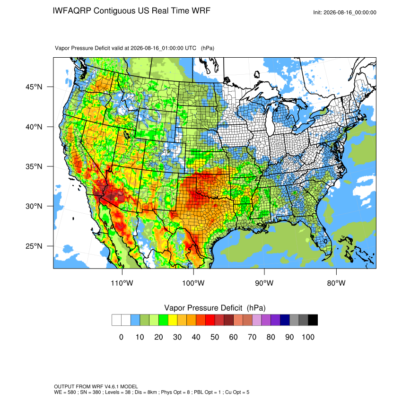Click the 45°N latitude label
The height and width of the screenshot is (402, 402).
tap(34, 87)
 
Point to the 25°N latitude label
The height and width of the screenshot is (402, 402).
tap(34, 246)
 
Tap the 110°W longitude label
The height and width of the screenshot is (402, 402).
tap(122, 283)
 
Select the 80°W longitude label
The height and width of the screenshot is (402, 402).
tap(336, 283)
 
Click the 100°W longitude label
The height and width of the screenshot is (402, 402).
tap(193, 283)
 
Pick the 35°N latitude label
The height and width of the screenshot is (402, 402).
tap(34, 166)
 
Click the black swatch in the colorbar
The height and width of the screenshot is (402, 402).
tap(313, 320)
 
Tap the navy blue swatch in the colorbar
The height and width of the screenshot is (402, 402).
tap(285, 320)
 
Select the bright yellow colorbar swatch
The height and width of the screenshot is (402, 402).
tap(173, 320)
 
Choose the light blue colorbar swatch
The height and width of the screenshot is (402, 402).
tap(135, 320)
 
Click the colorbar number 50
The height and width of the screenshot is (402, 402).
tap(215, 337)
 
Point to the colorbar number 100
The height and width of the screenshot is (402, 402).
tap(308, 337)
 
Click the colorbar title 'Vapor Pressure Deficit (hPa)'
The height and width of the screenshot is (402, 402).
tap(215, 308)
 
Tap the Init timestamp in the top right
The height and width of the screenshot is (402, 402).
tap(345, 12)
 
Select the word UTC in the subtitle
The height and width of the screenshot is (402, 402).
tap(191, 48)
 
